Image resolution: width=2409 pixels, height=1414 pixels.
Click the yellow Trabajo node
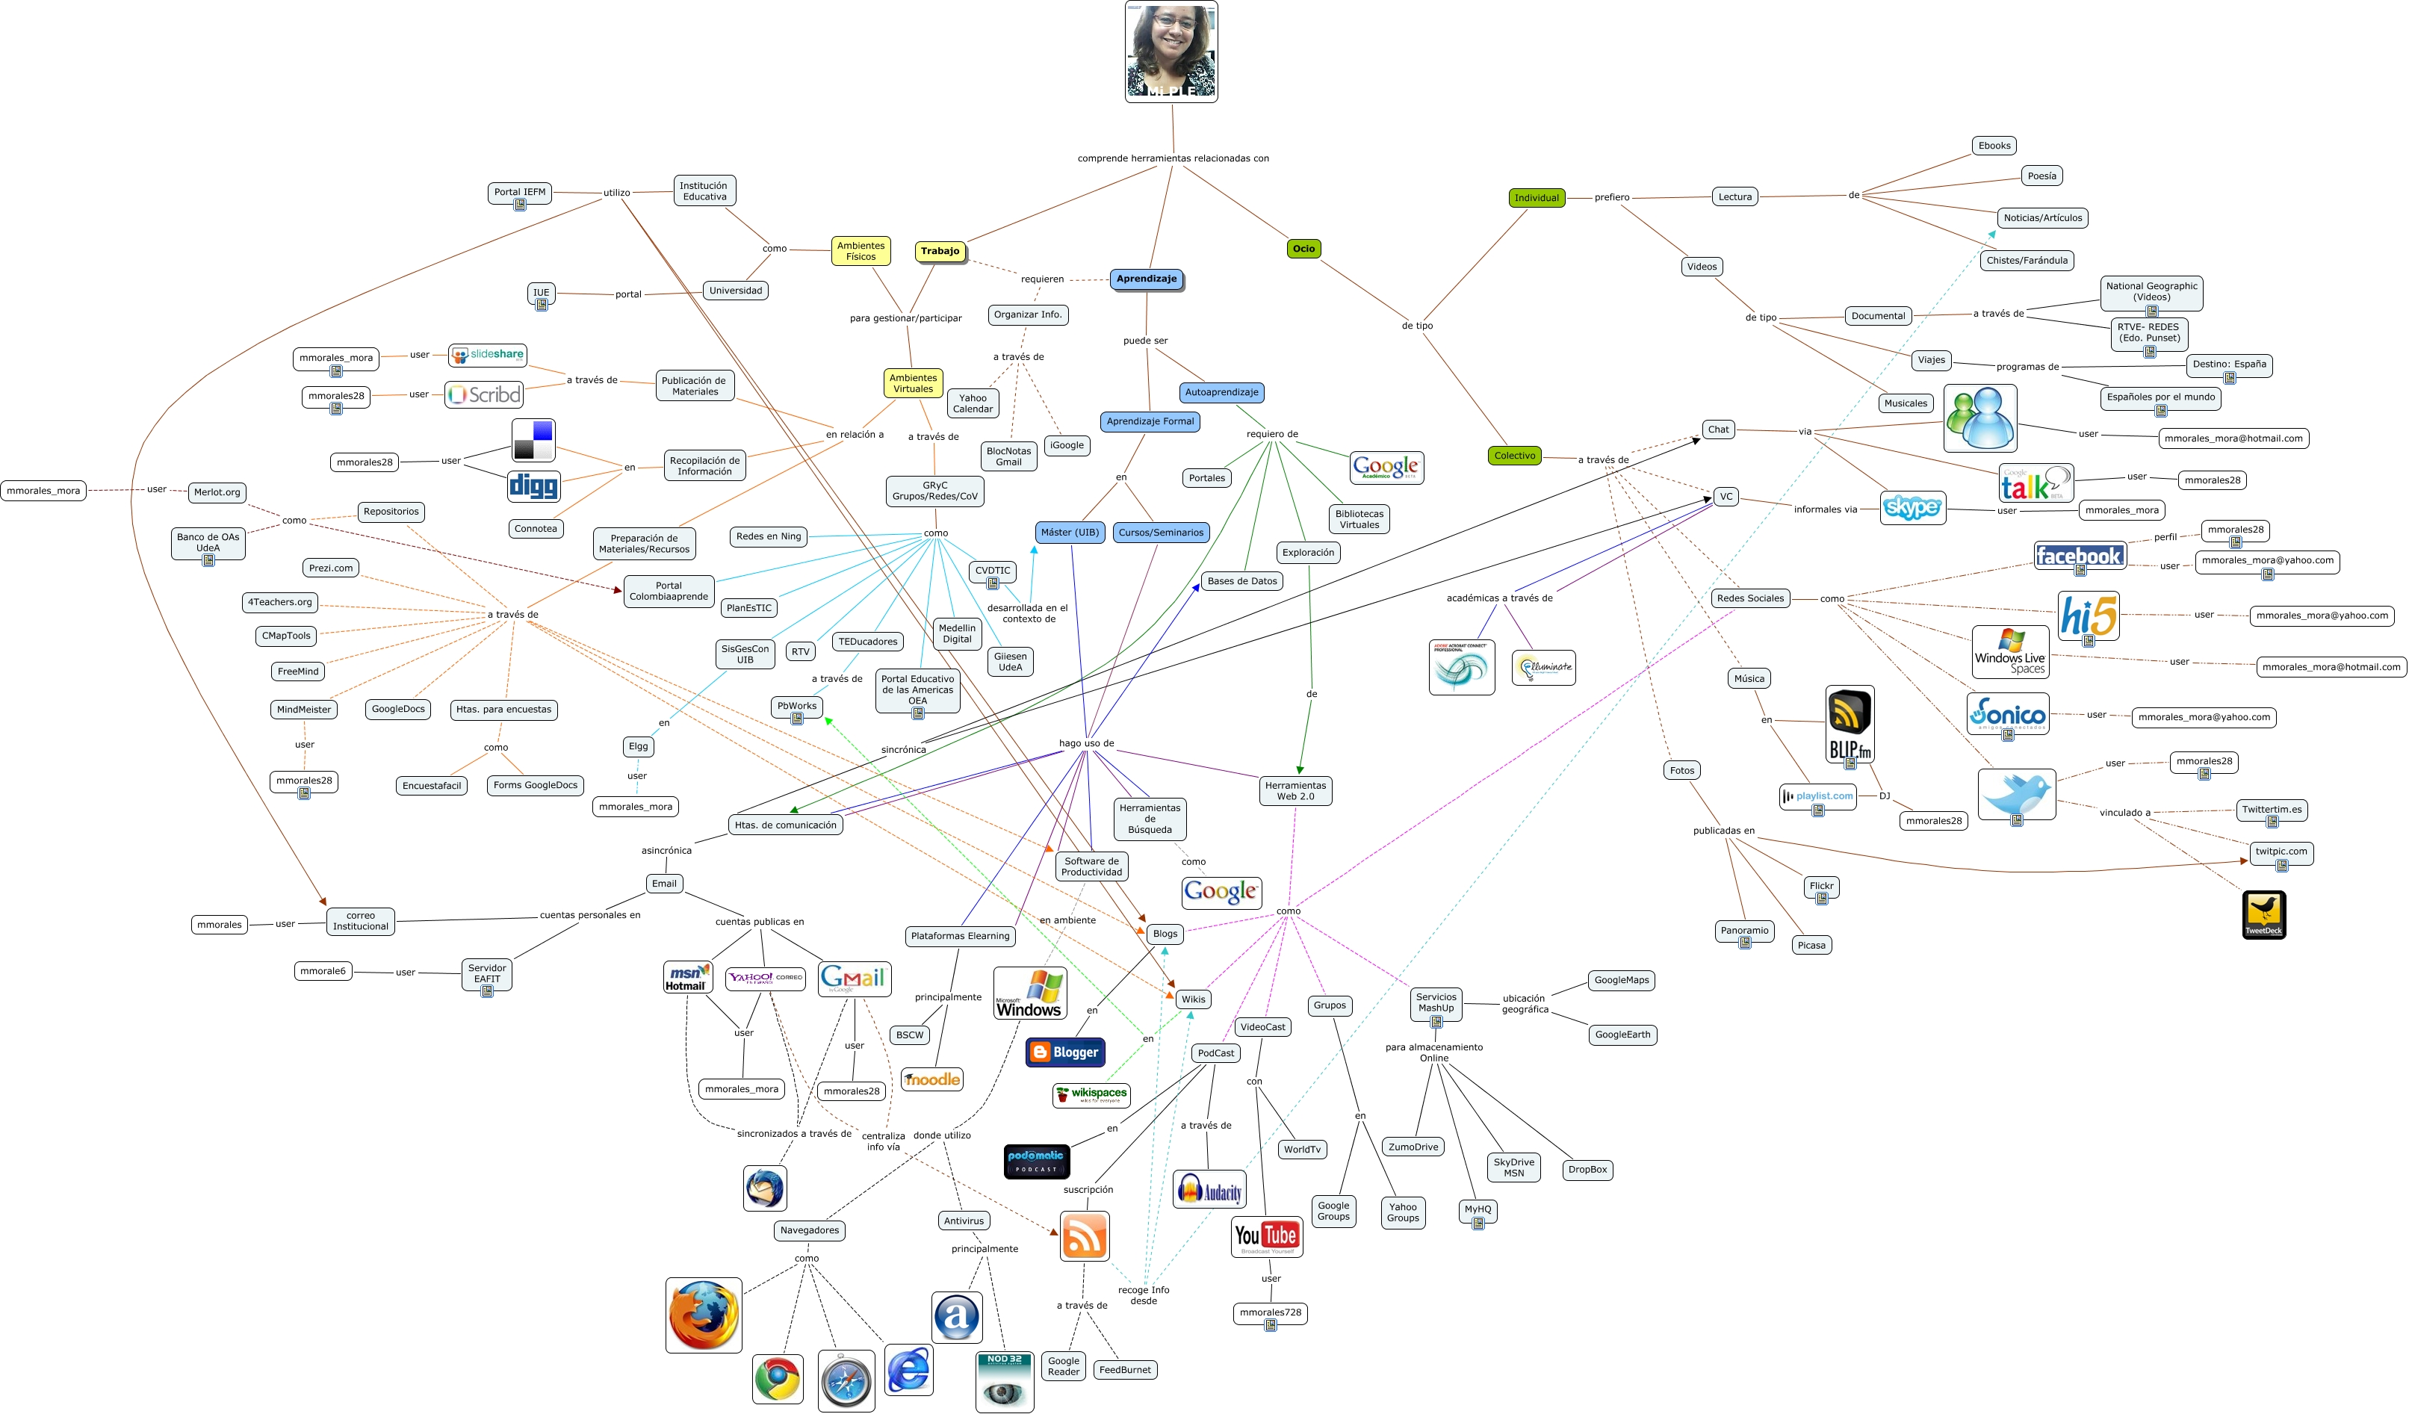[x=940, y=252]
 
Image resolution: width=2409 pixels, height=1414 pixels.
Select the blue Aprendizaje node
[x=1146, y=279]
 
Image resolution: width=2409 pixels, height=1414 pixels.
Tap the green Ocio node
[x=1303, y=249]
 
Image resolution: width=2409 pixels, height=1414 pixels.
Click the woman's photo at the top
[x=1171, y=52]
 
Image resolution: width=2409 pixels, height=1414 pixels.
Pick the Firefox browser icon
[x=704, y=1315]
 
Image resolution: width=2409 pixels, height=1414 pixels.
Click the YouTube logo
[x=1267, y=1236]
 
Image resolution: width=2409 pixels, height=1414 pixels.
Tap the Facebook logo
[x=2079, y=556]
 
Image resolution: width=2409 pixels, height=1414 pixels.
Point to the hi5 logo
[x=2088, y=615]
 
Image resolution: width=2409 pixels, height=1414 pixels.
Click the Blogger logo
[x=1065, y=1052]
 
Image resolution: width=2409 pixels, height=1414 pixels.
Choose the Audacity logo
[x=1209, y=1189]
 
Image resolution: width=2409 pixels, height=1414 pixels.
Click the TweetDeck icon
[x=2263, y=914]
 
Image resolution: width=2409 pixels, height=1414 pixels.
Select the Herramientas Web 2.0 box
[x=1295, y=790]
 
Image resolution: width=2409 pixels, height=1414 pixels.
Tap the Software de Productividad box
[x=1091, y=866]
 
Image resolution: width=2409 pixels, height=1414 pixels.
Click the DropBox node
[x=1587, y=1169]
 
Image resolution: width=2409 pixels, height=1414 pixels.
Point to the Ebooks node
[x=1994, y=146]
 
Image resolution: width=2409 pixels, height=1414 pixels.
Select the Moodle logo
[x=932, y=1079]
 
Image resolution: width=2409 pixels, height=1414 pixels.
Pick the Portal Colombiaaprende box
[x=669, y=591]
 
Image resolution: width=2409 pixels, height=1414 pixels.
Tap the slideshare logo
[x=488, y=355]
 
